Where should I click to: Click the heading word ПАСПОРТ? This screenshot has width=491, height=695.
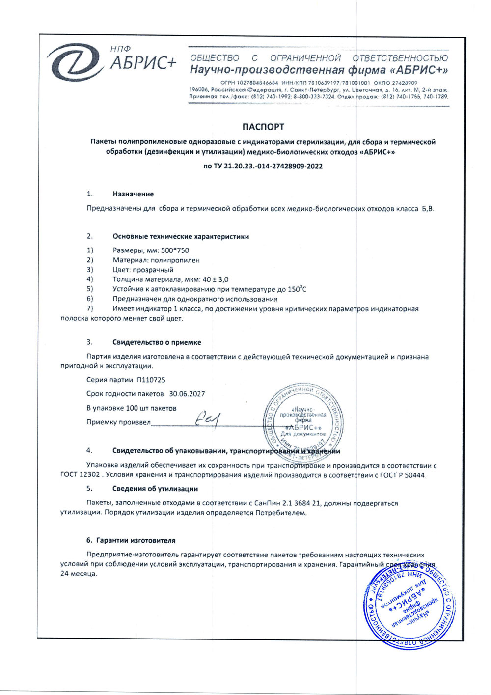pos(263,127)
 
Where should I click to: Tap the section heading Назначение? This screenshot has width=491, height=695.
pos(133,194)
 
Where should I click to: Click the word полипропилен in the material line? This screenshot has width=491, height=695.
pos(175,260)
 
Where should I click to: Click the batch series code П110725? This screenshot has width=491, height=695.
pos(151,380)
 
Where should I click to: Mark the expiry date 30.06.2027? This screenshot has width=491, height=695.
pos(187,394)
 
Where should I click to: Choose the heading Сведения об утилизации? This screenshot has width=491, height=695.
pos(155,489)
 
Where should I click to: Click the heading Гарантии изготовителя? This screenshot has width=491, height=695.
pos(136,540)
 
